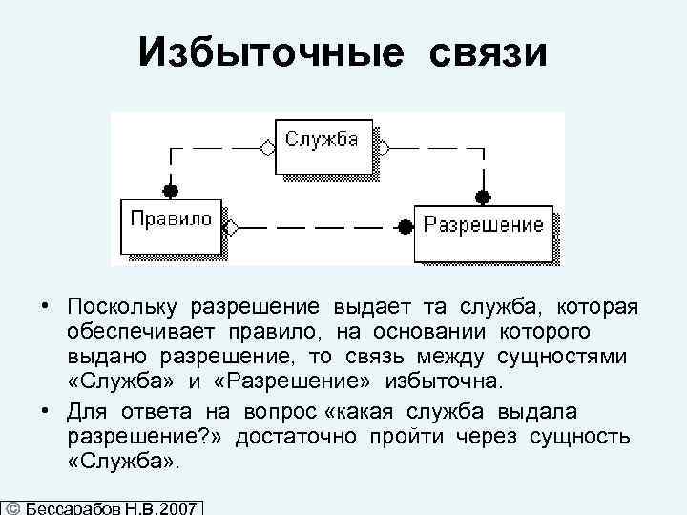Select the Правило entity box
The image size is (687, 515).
tap(172, 221)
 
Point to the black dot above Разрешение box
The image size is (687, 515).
tap(483, 196)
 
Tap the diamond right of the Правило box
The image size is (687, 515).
tap(231, 228)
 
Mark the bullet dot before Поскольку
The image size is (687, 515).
tap(45, 308)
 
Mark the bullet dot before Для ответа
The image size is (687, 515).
tap(45, 411)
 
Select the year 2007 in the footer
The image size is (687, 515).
tap(177, 508)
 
